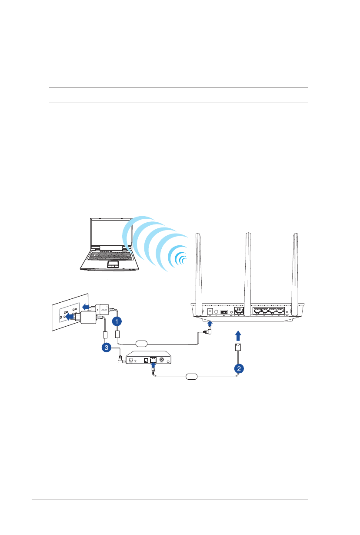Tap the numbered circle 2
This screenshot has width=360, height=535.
pyautogui.click(x=239, y=368)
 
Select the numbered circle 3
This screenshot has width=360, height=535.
pyautogui.click(x=105, y=347)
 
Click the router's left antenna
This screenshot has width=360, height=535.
pyautogui.click(x=198, y=270)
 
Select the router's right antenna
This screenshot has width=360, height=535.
pyautogui.click(x=296, y=270)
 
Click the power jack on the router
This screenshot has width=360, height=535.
pyautogui.click(x=211, y=311)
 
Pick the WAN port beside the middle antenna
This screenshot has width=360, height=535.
pyautogui.click(x=239, y=311)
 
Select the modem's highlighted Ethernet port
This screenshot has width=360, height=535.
pyautogui.click(x=153, y=360)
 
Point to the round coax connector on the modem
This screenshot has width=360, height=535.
pyautogui.click(x=162, y=360)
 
